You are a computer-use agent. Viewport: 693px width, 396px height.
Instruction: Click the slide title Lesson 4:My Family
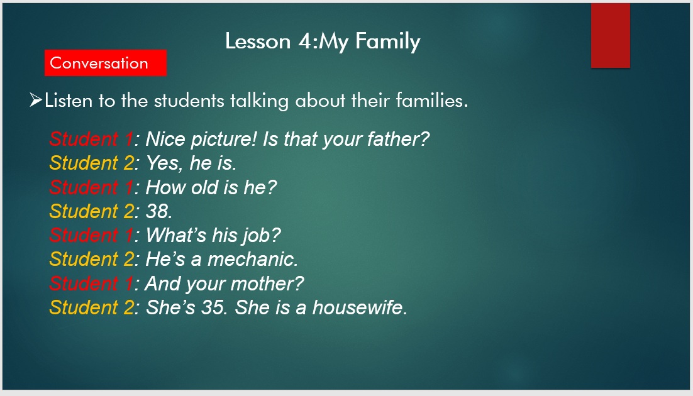pos(322,41)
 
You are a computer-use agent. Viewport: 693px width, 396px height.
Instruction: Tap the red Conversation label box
pos(106,63)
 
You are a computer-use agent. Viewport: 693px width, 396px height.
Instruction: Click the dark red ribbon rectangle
pos(611,35)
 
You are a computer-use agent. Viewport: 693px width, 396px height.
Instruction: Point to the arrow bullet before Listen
pos(36,100)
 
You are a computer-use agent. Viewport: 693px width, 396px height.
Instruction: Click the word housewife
pos(360,307)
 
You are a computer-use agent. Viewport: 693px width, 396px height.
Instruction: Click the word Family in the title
pos(387,41)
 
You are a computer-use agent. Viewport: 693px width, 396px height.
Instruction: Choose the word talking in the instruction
pos(259,101)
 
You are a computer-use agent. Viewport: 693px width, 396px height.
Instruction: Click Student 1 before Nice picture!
pos(91,139)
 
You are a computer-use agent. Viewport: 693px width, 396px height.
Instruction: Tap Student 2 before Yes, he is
pos(92,163)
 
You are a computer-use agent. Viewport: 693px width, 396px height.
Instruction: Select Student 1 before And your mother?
pos(91,283)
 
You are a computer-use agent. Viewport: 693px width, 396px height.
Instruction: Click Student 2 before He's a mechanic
pos(92,259)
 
